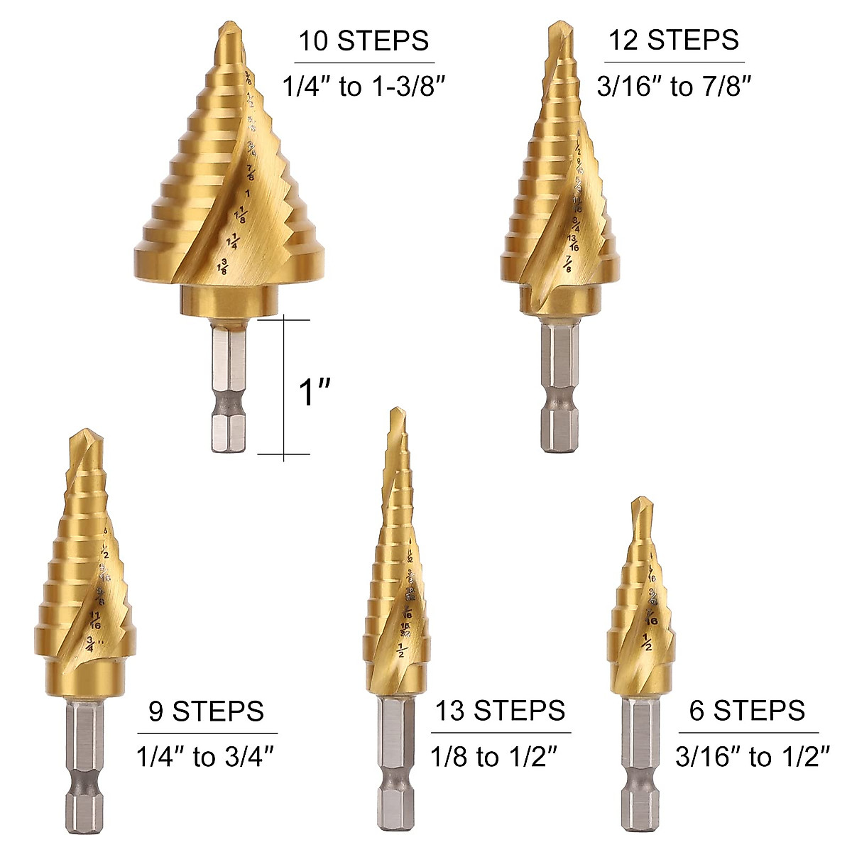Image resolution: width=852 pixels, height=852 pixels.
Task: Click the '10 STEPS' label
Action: pos(364,40)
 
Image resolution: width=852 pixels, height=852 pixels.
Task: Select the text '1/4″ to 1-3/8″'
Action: pos(366,88)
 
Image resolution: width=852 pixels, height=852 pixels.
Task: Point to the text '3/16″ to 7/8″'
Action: pos(674,87)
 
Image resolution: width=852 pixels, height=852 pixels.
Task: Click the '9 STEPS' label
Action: pos(207,711)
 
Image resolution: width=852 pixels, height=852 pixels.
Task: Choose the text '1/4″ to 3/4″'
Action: pos(205,758)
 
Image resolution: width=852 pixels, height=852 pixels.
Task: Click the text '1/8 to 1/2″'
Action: pos(492,758)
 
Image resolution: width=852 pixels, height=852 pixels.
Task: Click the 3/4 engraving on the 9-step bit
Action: pos(90,643)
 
